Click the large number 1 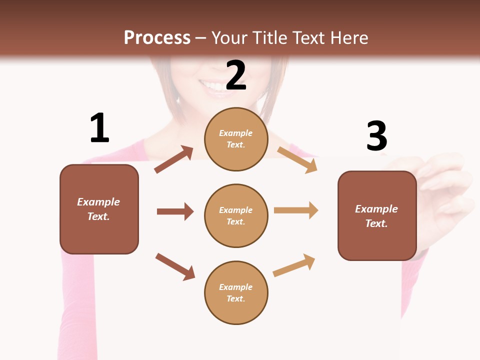coord(99,128)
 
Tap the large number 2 coord(236,75)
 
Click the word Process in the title coord(157,37)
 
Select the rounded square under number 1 coord(99,209)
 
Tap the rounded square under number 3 coord(377,215)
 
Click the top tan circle coord(236,139)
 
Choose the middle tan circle coord(236,215)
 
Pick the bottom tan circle coord(236,292)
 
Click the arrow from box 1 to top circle coord(174,159)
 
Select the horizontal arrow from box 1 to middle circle coord(175,211)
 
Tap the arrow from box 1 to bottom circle coord(175,266)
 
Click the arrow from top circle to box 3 coord(297,159)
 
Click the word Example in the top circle coord(236,133)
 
